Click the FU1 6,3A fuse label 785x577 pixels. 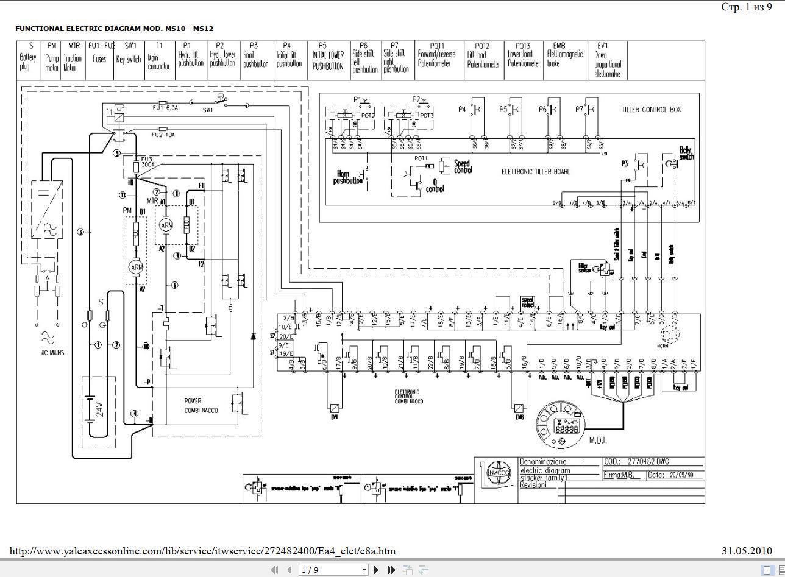pyautogui.click(x=165, y=108)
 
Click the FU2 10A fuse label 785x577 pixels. pyautogui.click(x=163, y=135)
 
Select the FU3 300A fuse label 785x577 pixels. pyautogui.click(x=146, y=162)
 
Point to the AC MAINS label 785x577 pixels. pyautogui.click(x=52, y=353)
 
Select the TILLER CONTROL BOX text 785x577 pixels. pyautogui.click(x=651, y=110)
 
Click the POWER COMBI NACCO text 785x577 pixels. pyautogui.click(x=201, y=406)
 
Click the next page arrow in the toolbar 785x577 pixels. pyautogui.click(x=376, y=570)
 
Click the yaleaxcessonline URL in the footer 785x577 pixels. pyautogui.click(x=202, y=551)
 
